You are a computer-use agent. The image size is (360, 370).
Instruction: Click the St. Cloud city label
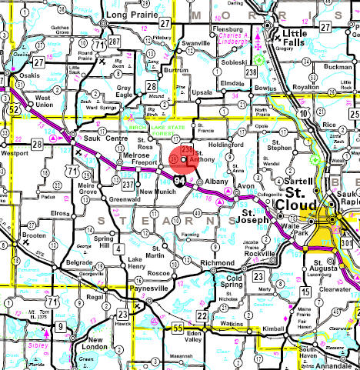(297, 197)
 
